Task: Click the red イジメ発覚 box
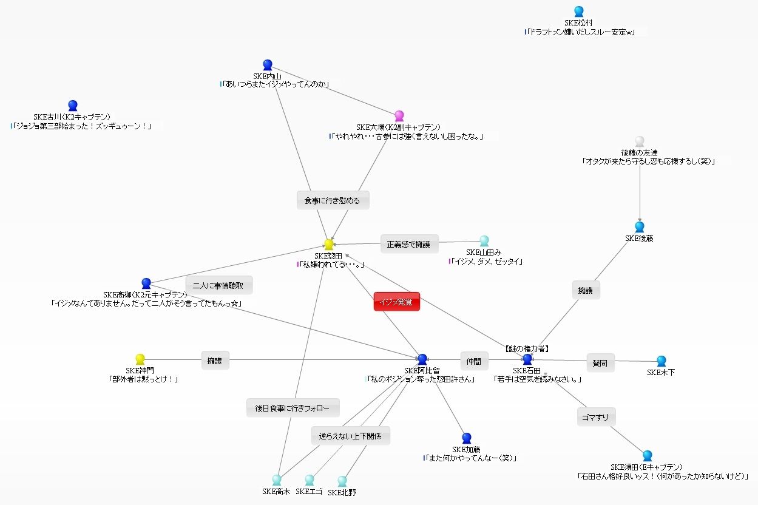coord(397,302)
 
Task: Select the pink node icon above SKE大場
coord(399,116)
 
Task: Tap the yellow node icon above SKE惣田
coord(329,244)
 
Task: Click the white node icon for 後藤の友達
coord(639,141)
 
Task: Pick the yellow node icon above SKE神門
coord(140,359)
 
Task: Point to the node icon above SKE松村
coord(578,12)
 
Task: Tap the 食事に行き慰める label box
coord(333,200)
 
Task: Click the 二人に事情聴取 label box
coord(218,285)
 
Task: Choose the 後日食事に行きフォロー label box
coord(293,408)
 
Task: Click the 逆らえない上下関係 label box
coord(350,436)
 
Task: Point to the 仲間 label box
coord(474,361)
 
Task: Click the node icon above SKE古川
coord(73,106)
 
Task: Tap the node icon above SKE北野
coord(342,481)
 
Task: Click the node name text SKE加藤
coord(466,450)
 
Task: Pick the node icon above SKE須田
coord(648,456)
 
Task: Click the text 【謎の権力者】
coord(527,349)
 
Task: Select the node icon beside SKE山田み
coord(484,241)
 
